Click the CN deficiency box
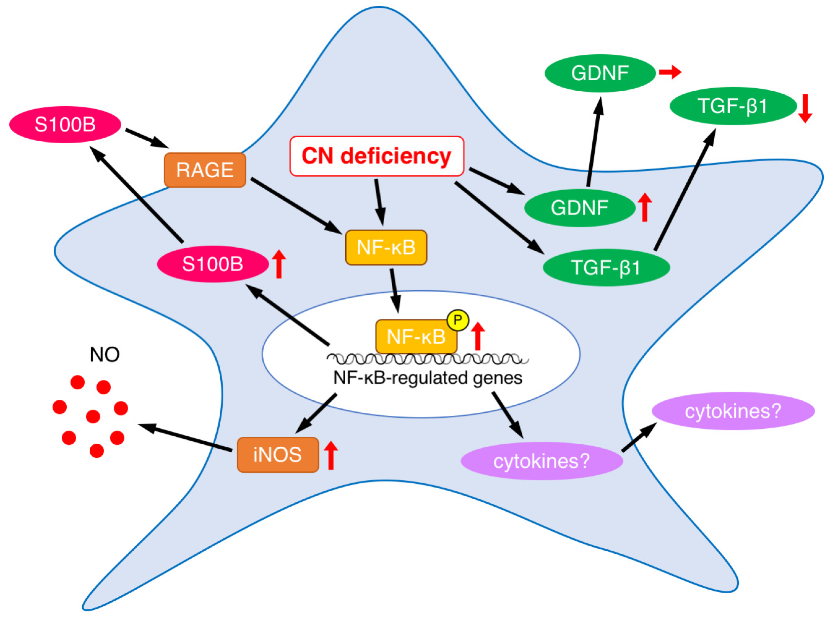(376, 156)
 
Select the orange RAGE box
(205, 170)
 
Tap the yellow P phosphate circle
(457, 320)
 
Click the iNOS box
(277, 455)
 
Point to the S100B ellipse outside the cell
(65, 124)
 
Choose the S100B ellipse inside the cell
(213, 264)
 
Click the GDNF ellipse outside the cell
(600, 73)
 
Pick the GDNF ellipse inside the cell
(579, 208)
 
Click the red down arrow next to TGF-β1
(805, 108)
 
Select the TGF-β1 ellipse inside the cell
(606, 267)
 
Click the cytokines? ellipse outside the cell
(733, 411)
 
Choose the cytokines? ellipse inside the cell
(541, 461)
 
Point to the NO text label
(104, 355)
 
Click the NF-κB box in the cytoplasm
(386, 247)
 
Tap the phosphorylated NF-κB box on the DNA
(416, 336)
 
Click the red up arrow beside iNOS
(331, 455)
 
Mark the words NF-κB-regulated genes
(428, 378)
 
